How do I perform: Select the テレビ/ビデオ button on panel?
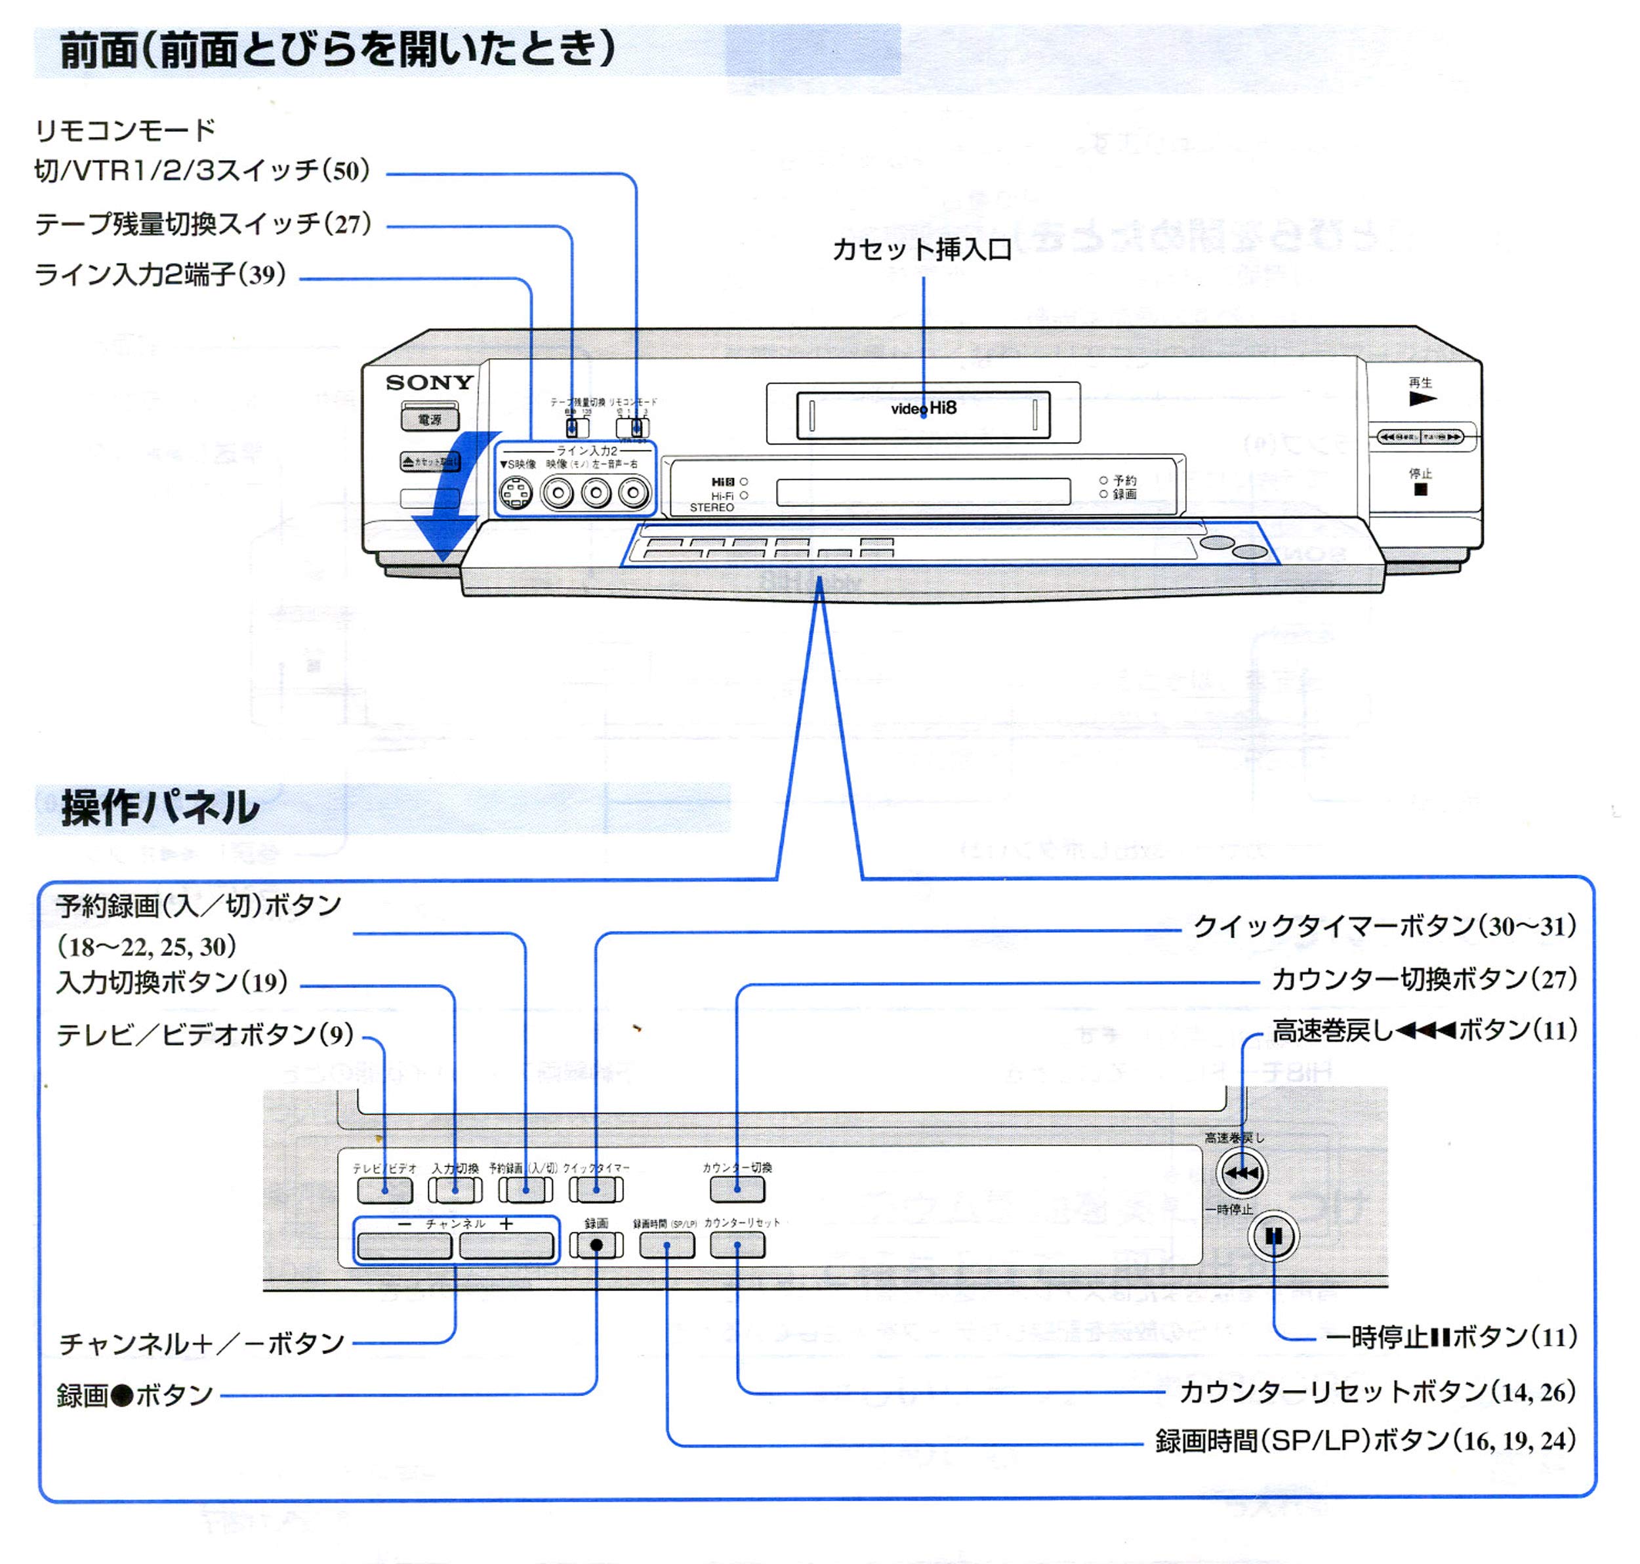pos(384,1189)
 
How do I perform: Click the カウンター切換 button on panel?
pos(737,1189)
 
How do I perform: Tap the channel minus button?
pos(404,1246)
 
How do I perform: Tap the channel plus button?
pos(506,1246)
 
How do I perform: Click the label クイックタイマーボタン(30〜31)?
pos(1384,926)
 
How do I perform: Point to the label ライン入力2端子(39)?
pos(160,274)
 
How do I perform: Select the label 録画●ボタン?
pos(135,1395)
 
